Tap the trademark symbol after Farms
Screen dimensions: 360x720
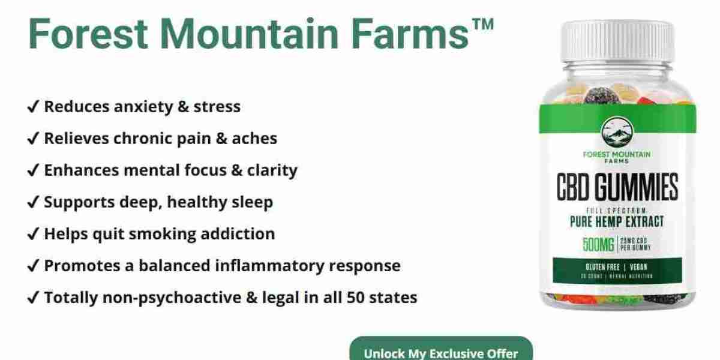(481, 25)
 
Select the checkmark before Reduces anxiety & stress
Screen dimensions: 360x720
(34, 107)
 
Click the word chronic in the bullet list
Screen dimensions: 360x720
(147, 139)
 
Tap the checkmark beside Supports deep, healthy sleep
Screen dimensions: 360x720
(34, 202)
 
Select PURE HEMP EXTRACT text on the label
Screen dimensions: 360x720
(617, 222)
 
